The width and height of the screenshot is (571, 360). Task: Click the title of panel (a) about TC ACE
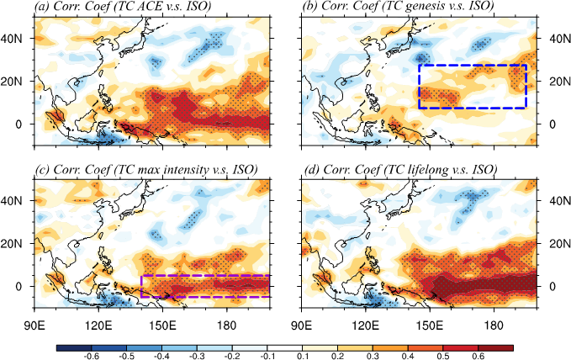(x=123, y=6)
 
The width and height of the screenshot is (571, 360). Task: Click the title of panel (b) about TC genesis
(x=398, y=6)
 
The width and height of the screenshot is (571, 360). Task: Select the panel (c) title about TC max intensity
(x=145, y=169)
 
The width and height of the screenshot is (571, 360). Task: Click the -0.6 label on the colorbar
(x=91, y=356)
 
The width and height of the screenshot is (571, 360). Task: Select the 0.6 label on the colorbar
(x=478, y=356)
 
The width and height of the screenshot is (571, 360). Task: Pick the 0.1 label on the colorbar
(x=303, y=356)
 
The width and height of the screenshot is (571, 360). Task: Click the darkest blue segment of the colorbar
(x=74, y=348)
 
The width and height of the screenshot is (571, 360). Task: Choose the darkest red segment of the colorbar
(x=495, y=348)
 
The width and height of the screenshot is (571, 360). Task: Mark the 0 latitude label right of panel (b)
(x=552, y=124)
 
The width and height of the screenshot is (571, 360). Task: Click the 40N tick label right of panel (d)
(x=560, y=201)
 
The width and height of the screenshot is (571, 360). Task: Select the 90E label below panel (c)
(x=34, y=325)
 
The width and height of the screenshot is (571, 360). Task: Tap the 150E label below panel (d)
(x=430, y=325)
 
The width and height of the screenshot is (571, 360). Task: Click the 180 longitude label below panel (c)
(x=227, y=325)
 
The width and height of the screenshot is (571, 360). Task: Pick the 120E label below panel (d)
(x=366, y=325)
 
